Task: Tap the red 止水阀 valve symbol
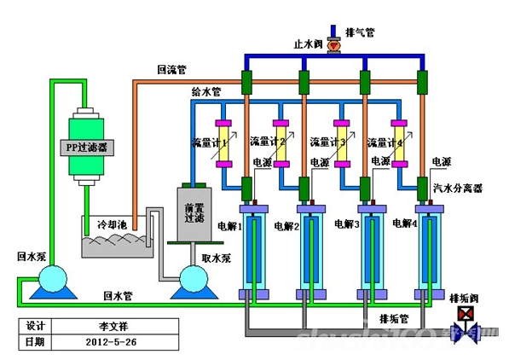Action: click(333, 41)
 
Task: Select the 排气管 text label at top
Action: click(361, 32)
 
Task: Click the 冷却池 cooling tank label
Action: click(113, 224)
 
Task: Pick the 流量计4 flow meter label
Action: click(385, 142)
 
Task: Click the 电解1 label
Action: click(228, 226)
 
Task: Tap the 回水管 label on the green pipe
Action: click(118, 295)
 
